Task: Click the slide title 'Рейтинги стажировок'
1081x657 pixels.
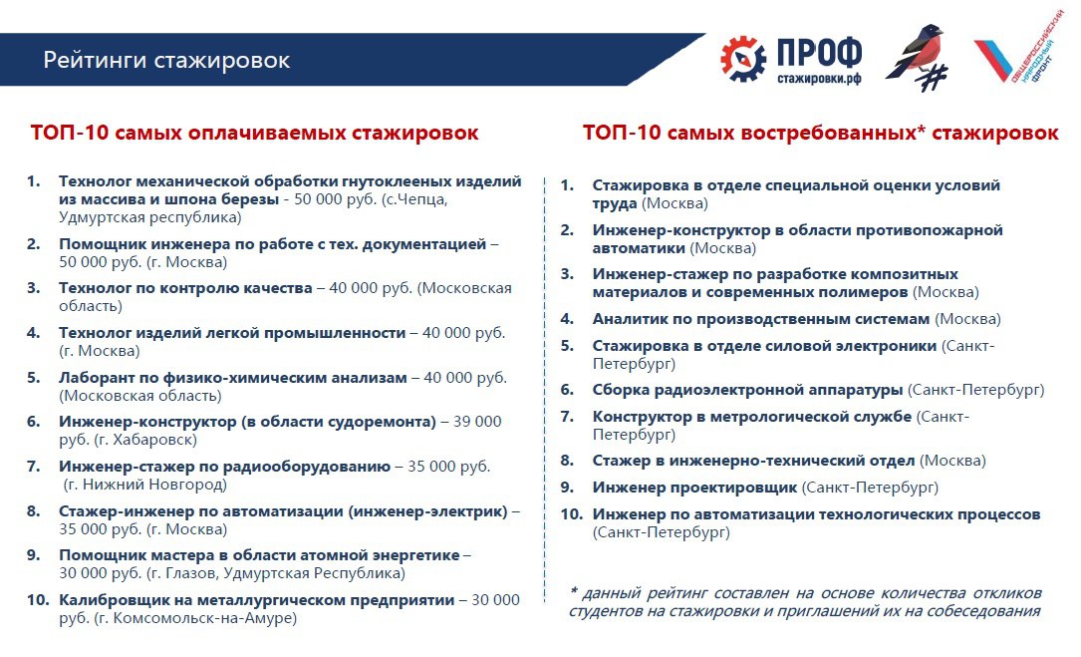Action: coord(166,60)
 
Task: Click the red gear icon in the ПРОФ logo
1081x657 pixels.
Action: coord(742,60)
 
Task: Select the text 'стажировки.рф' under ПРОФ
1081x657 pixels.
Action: coord(819,78)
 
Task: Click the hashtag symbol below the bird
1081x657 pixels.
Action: coord(934,78)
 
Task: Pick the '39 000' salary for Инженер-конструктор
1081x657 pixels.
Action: coord(477,422)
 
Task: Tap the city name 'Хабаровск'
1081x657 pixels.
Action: coord(155,440)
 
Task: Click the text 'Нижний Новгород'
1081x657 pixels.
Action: coord(154,485)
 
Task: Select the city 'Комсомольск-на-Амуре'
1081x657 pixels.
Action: coord(204,618)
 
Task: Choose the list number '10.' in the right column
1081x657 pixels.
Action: coord(572,514)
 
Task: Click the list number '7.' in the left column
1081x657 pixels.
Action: coord(34,467)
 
